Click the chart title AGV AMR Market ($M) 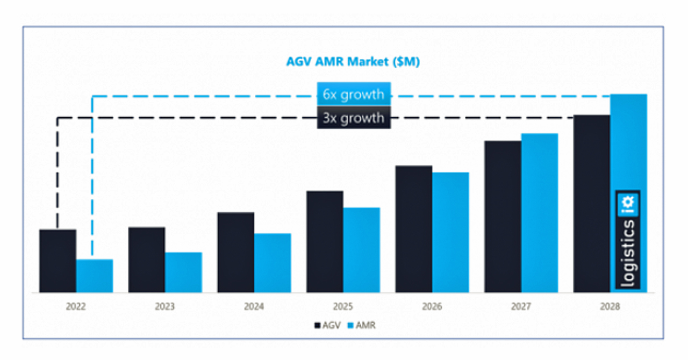tap(352, 62)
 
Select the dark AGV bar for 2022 tap(58, 261)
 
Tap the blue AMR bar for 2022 tap(95, 276)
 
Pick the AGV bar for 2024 tap(236, 253)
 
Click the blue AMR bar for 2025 tap(362, 250)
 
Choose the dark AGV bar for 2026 tap(414, 229)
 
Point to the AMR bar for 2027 tap(540, 213)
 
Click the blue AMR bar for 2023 tap(183, 272)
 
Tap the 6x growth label tap(354, 95)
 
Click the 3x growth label tap(354, 118)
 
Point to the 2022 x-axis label tap(76, 307)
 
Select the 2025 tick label tap(343, 307)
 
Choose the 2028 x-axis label tap(610, 307)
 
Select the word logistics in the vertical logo tap(628, 253)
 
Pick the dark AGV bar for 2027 tap(503, 217)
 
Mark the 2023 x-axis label tap(165, 307)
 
